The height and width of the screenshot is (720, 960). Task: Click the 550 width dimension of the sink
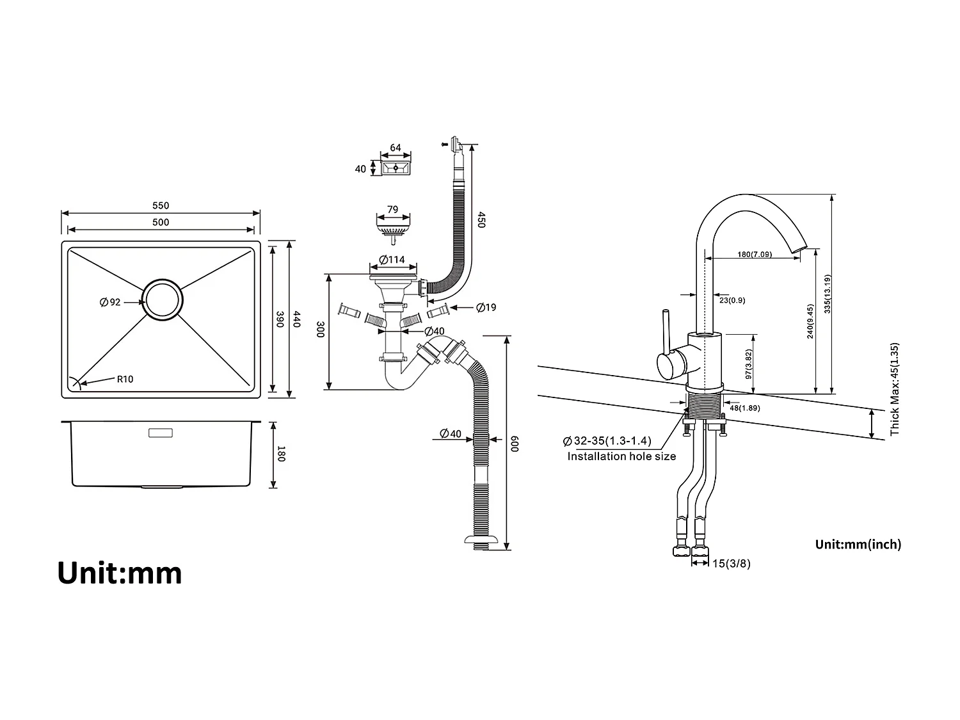[x=161, y=206]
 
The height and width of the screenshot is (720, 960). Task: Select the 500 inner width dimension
[x=161, y=222]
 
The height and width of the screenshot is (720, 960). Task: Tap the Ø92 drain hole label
[x=110, y=302]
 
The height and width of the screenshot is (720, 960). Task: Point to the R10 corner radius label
[x=125, y=379]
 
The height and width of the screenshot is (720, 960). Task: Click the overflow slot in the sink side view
[x=160, y=433]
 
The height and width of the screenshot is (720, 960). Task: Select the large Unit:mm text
[x=120, y=573]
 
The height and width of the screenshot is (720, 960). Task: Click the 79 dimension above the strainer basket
[x=392, y=209]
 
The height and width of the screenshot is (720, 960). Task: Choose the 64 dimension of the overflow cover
[x=396, y=148]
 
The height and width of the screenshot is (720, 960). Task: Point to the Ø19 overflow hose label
[x=486, y=308]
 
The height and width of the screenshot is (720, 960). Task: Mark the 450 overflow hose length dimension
[x=481, y=220]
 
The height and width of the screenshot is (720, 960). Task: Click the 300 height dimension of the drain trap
[x=321, y=330]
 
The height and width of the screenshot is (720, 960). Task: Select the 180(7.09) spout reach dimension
[x=754, y=254]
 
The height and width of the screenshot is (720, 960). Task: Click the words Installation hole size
[x=621, y=456]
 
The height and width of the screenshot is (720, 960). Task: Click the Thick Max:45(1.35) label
[x=895, y=389]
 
